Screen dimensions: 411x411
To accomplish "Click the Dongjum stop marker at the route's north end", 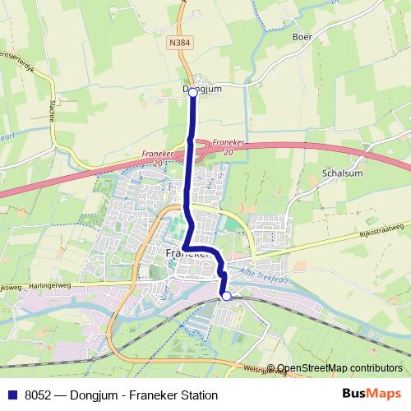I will coord(193,93).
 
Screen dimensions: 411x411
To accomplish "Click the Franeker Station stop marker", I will coord(227,296).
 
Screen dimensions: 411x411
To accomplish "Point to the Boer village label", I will coord(303,37).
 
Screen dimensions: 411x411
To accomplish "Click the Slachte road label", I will coord(52,110).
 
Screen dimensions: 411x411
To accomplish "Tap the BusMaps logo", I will coord(371,395).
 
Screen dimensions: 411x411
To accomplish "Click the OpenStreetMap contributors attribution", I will coord(339,368).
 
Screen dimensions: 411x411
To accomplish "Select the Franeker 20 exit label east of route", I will coord(229,145).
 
